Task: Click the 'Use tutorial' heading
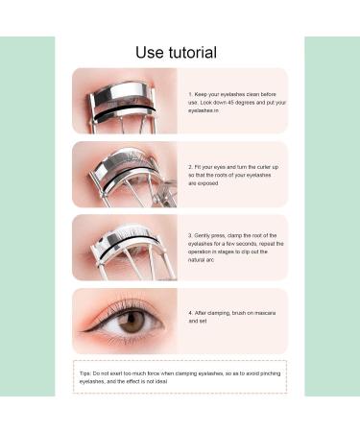pyautogui.click(x=176, y=52)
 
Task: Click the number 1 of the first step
pyautogui.click(x=190, y=94)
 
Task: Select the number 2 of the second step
pyautogui.click(x=190, y=167)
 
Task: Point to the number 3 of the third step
pyautogui.click(x=190, y=234)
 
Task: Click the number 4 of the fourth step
pyautogui.click(x=190, y=312)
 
